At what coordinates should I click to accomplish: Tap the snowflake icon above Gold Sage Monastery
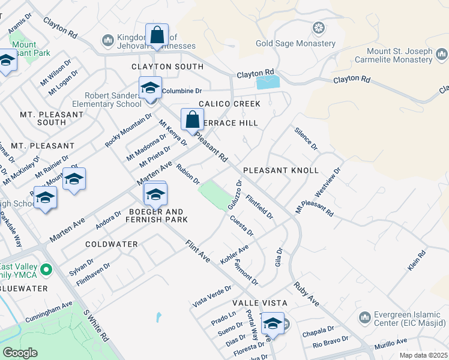318,28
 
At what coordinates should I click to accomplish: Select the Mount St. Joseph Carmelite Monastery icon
441,56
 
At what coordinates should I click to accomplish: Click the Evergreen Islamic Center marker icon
364,317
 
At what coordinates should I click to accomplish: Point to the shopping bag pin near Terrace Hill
192,120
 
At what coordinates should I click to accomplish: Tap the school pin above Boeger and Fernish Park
155,194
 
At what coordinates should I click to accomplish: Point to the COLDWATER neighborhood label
111,244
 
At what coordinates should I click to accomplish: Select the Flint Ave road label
197,251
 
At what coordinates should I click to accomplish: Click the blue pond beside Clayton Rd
268,82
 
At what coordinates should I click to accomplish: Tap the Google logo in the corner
20,353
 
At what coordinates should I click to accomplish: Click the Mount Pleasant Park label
23,48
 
